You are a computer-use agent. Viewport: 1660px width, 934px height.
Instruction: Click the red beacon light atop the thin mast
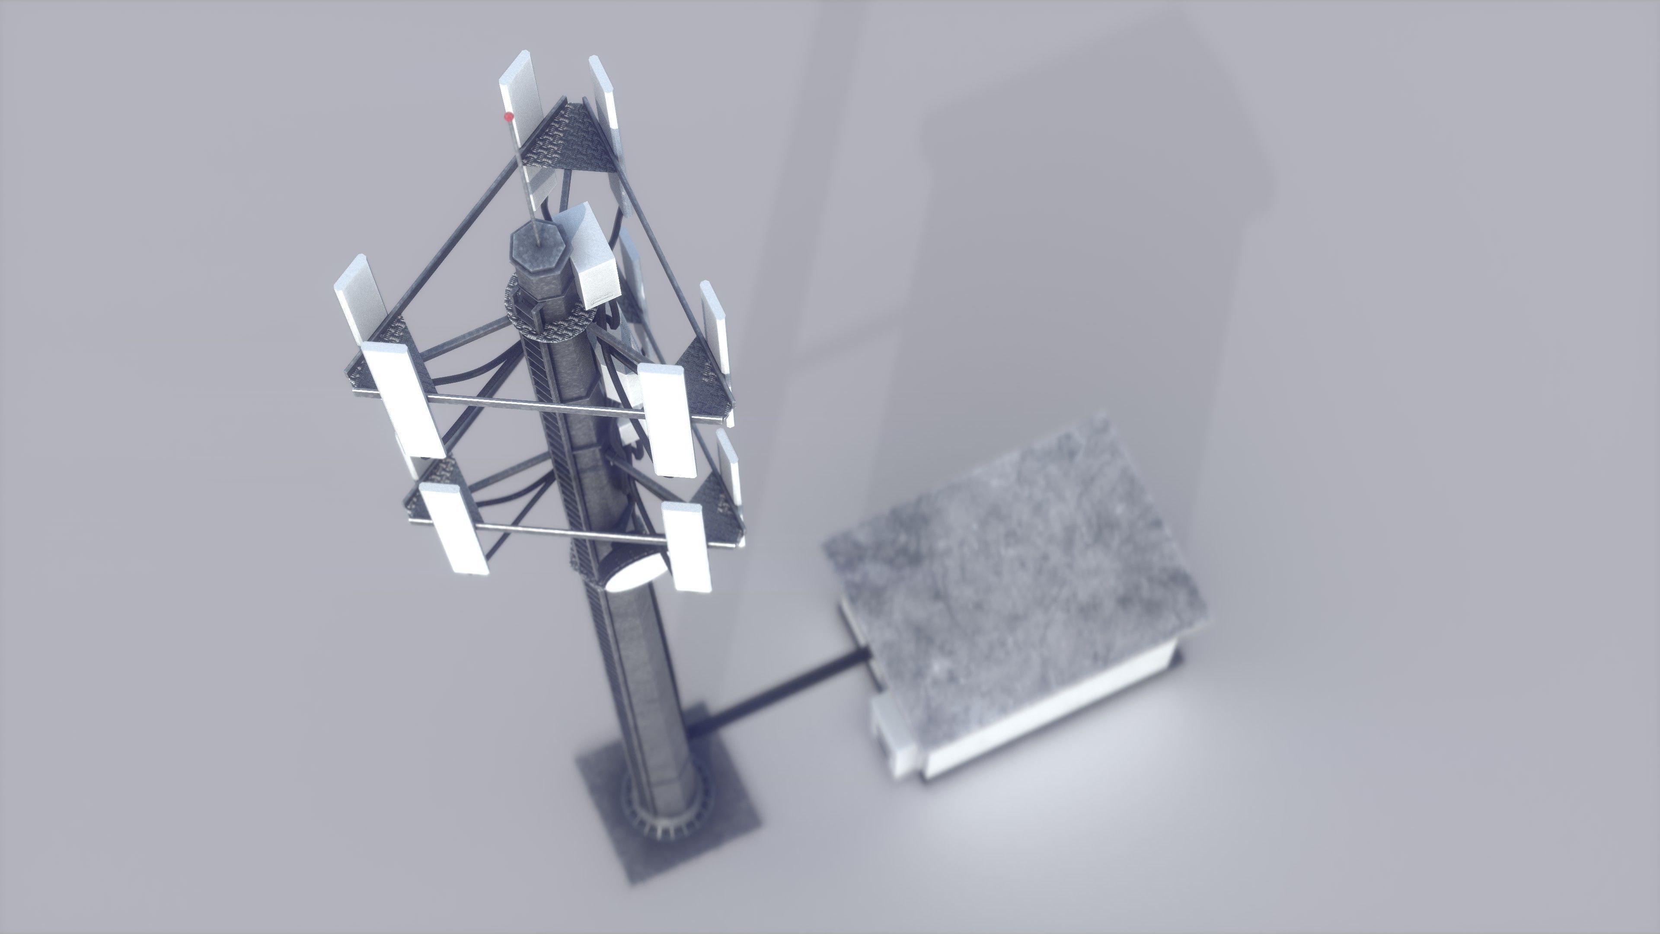point(508,117)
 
